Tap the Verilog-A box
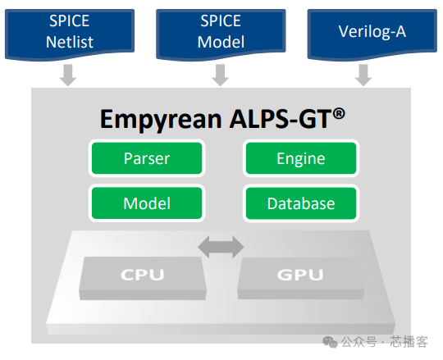point(372,30)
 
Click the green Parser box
point(146,159)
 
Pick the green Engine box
point(300,159)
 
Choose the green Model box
point(146,203)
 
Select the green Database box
point(300,203)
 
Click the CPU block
point(142,276)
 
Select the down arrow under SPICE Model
point(220,75)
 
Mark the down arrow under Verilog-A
point(363,75)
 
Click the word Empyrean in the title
point(155,120)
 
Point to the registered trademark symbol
point(338,112)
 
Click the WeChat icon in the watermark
point(330,340)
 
